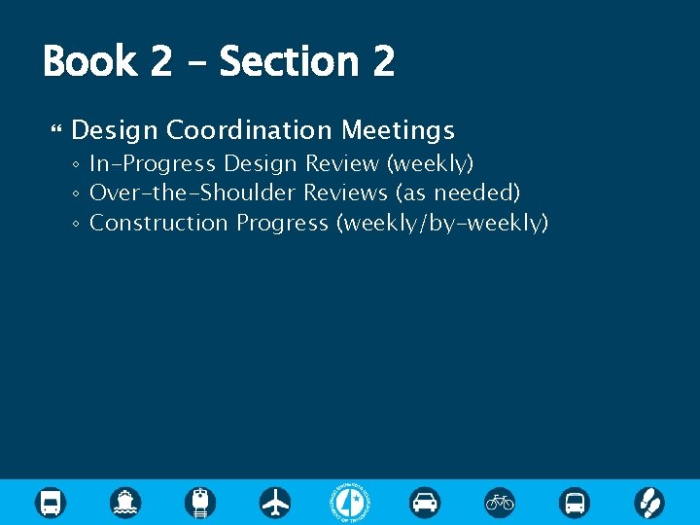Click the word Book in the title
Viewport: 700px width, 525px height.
pos(89,62)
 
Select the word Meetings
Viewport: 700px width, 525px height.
pos(398,130)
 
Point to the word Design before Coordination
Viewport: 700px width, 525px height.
pos(116,130)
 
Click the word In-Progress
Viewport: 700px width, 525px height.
pos(154,163)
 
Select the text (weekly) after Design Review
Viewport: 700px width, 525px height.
pos(430,163)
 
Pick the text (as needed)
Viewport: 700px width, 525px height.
pos(458,192)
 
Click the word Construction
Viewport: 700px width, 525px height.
pos(159,223)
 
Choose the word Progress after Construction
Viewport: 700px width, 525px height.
pos(283,223)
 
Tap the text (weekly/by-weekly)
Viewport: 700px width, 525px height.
pos(442,223)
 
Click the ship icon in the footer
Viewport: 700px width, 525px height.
pos(125,503)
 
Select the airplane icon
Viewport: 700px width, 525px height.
pos(275,503)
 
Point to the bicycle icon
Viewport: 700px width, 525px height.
pos(500,503)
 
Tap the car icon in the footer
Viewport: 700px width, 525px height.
pos(425,503)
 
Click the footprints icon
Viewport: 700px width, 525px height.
pos(649,503)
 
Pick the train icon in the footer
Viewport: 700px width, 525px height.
pos(200,503)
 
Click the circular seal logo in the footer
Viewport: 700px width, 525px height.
pos(350,503)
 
